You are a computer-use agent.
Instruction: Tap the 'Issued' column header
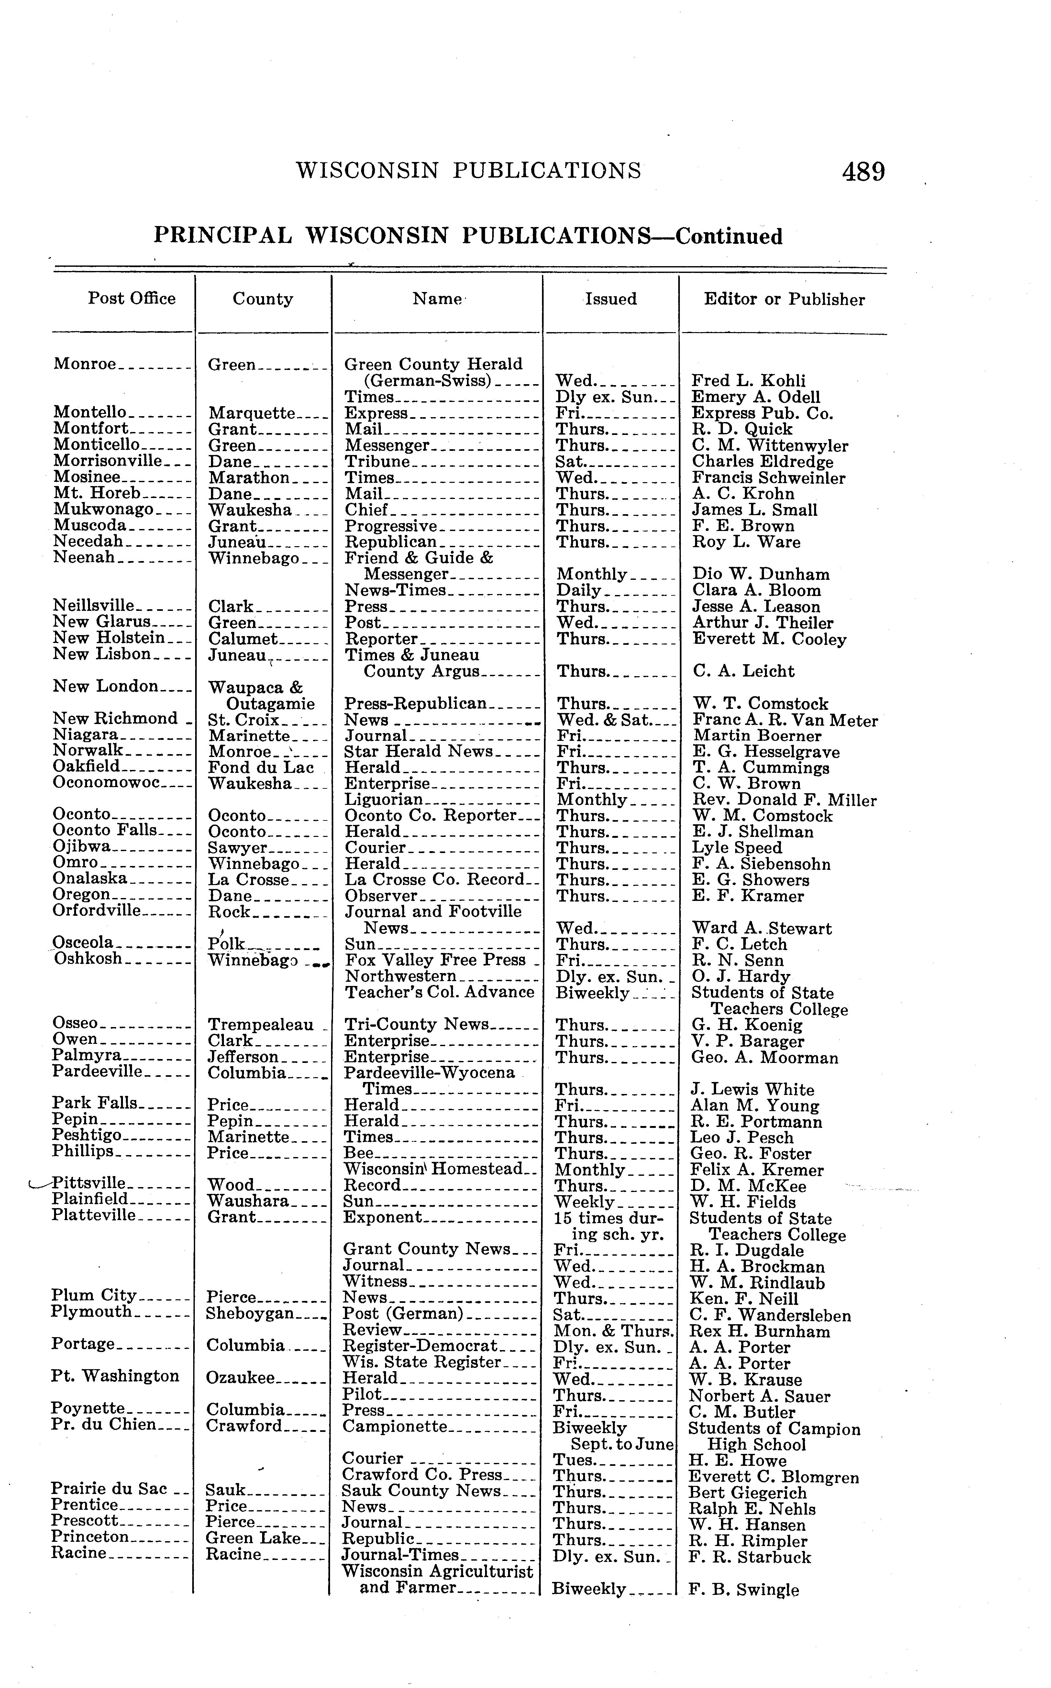click(610, 299)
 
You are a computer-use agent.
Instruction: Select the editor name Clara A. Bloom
click(756, 590)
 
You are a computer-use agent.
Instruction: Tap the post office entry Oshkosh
click(88, 959)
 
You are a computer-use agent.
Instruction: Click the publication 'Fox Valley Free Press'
click(435, 960)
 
